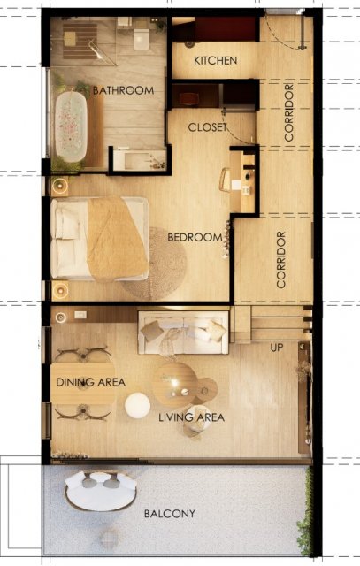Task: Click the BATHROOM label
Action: (123, 90)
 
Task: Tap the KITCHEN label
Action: (216, 60)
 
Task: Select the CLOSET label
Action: (207, 127)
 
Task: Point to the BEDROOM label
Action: (195, 237)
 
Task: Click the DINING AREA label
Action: (90, 382)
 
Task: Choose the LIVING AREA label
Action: (191, 417)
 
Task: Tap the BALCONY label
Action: (169, 514)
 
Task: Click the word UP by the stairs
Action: (277, 348)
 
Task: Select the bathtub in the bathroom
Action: (71, 126)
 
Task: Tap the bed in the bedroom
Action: (100, 239)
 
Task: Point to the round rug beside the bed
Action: (156, 264)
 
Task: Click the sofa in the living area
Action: (183, 333)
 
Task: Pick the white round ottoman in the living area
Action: (138, 406)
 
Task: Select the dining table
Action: (83, 383)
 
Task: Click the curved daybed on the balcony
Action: (101, 492)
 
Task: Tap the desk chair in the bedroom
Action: (225, 180)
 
